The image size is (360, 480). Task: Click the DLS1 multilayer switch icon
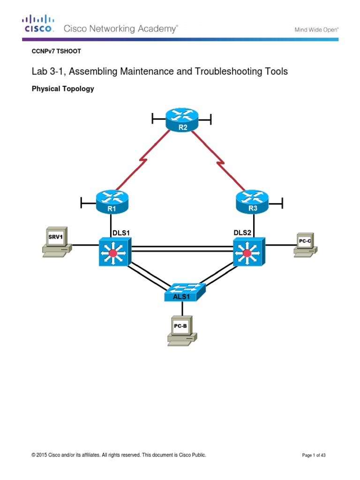(115, 252)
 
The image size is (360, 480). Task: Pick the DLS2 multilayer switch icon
(248, 252)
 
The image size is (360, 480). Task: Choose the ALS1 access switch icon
(184, 292)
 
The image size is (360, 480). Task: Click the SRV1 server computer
(56, 242)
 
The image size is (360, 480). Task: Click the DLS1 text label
(120, 232)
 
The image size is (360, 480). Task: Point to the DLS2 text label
(243, 232)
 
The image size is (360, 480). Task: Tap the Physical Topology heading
(62, 89)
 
